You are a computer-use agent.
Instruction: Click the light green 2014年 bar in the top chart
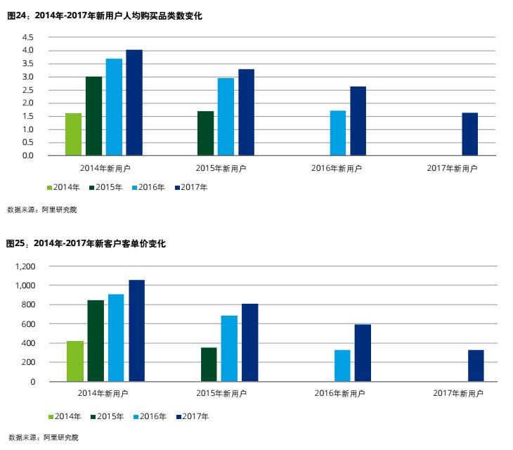click(x=73, y=134)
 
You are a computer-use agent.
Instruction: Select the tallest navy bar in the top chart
click(x=134, y=103)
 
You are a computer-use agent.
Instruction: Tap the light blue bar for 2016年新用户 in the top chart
click(x=337, y=133)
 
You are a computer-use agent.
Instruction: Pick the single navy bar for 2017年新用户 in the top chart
click(x=469, y=134)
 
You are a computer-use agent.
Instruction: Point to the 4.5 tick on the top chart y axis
click(x=27, y=37)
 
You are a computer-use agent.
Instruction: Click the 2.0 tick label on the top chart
click(x=27, y=103)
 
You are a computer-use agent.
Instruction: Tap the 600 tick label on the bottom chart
click(x=28, y=324)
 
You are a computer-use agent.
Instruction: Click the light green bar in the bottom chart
click(x=74, y=361)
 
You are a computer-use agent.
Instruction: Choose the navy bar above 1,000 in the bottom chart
click(x=136, y=331)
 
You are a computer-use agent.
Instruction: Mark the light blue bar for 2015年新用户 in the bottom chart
click(x=229, y=349)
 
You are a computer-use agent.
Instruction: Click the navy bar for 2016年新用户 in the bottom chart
click(x=363, y=353)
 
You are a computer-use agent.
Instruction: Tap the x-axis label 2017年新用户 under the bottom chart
click(x=458, y=393)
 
